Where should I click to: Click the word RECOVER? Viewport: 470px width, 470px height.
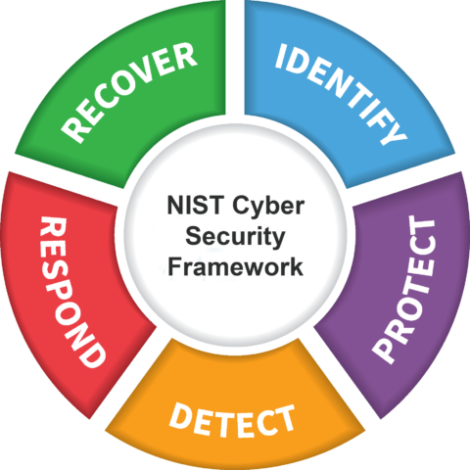coord(129,93)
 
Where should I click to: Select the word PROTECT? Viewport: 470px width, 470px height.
coord(404,290)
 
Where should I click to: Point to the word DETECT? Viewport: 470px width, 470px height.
coord(232,421)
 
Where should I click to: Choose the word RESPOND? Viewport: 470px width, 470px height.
coord(71,292)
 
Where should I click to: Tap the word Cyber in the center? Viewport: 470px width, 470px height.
coord(268,207)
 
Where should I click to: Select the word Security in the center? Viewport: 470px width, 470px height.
coord(235,238)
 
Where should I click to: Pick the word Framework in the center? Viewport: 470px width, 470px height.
coord(235,266)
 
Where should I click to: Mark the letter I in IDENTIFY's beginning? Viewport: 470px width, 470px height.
coord(281,56)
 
